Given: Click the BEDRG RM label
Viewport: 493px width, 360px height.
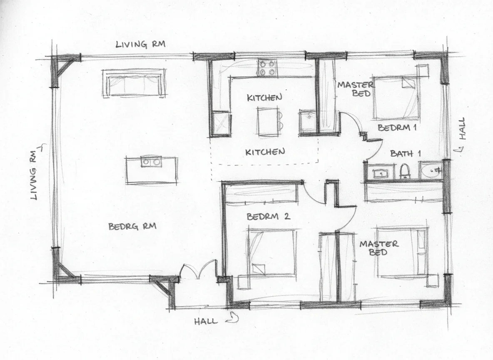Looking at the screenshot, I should [132, 227].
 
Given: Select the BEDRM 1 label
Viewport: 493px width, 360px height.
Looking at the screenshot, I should [397, 127].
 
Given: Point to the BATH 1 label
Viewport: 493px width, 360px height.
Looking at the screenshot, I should [405, 153].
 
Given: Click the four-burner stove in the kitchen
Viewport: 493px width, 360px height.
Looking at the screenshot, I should [267, 68].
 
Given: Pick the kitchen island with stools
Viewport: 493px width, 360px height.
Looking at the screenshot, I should [269, 122].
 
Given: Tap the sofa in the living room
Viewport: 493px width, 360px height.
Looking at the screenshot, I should [133, 83].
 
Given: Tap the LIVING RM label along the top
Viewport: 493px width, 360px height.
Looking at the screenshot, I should [140, 45].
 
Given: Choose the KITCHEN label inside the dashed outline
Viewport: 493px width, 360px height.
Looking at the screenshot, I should [265, 152].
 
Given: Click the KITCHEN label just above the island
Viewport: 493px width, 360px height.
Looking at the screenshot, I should [264, 97].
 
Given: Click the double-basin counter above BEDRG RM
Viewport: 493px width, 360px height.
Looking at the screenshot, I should [152, 170].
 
